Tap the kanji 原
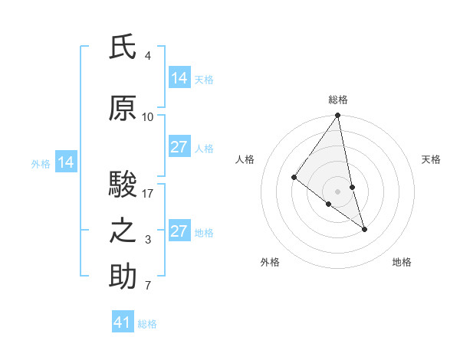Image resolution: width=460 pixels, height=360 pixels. tap(123, 110)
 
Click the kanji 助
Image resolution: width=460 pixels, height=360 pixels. tap(123, 277)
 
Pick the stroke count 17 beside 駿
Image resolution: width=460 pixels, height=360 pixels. tap(148, 194)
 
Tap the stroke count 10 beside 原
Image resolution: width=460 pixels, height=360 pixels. tap(148, 117)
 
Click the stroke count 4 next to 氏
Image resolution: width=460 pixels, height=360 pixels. tap(147, 56)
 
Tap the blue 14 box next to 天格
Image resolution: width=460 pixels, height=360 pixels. tap(179, 78)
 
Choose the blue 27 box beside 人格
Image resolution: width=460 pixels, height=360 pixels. tap(179, 147)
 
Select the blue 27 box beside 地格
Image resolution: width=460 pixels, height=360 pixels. tap(179, 231)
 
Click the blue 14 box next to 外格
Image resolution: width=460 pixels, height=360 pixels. tap(65, 162)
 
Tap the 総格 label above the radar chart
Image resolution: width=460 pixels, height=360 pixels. tap(338, 100)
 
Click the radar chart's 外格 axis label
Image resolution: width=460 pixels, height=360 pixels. tap(270, 262)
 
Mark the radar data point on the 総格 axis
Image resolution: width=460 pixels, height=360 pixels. tap(338, 116)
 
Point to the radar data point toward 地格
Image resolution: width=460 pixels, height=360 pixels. tap(364, 229)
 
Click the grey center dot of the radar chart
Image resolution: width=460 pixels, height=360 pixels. tap(338, 191)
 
